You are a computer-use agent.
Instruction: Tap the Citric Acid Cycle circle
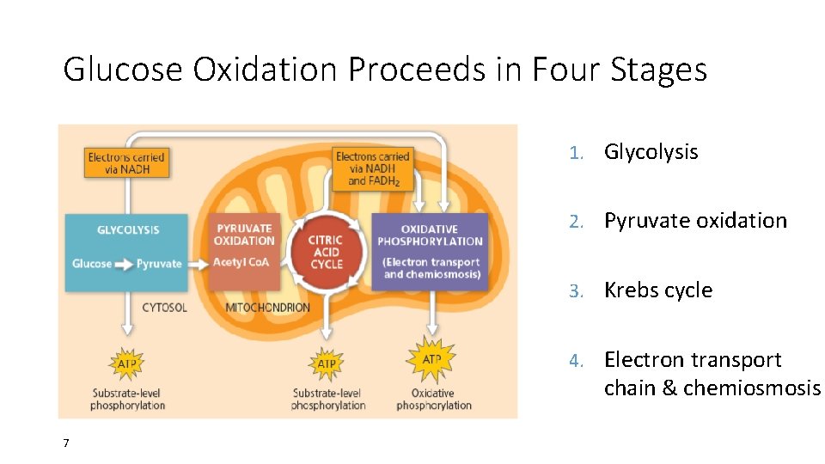pos(326,252)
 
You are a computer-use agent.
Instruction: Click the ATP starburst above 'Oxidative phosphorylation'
pos(432,360)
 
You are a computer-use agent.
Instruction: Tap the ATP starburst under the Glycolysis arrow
pos(126,364)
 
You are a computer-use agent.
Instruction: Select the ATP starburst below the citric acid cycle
pos(327,364)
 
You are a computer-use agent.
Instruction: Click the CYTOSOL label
pos(164,307)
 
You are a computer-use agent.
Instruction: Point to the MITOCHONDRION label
pos(267,307)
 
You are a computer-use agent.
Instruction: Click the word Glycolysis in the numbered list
pos(651,152)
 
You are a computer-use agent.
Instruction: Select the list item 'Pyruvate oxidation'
pos(694,221)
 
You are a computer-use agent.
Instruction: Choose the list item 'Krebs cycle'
pos(657,290)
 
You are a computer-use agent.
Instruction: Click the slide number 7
pos(66,443)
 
